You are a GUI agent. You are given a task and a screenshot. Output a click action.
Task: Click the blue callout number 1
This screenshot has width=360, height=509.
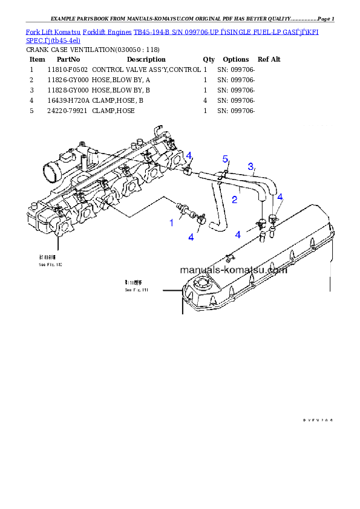pyautogui.click(x=171, y=222)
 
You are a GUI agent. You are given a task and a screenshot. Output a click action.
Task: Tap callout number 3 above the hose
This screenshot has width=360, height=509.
pyautogui.click(x=250, y=166)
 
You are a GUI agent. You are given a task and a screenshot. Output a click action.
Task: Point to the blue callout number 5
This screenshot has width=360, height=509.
pyautogui.click(x=225, y=159)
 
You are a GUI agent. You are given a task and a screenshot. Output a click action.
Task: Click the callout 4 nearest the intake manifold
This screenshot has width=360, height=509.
pyautogui.click(x=189, y=156)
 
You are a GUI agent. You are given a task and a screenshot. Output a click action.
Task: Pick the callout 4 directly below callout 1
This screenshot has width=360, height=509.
pyautogui.click(x=191, y=237)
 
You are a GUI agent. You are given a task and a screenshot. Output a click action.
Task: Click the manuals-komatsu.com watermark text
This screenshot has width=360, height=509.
pyautogui.click(x=233, y=270)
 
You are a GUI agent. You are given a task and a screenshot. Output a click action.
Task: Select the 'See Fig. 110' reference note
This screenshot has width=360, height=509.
pyautogui.click(x=51, y=265)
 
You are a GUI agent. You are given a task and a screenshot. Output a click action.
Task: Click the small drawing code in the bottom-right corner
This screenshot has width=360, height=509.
pyautogui.click(x=318, y=420)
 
